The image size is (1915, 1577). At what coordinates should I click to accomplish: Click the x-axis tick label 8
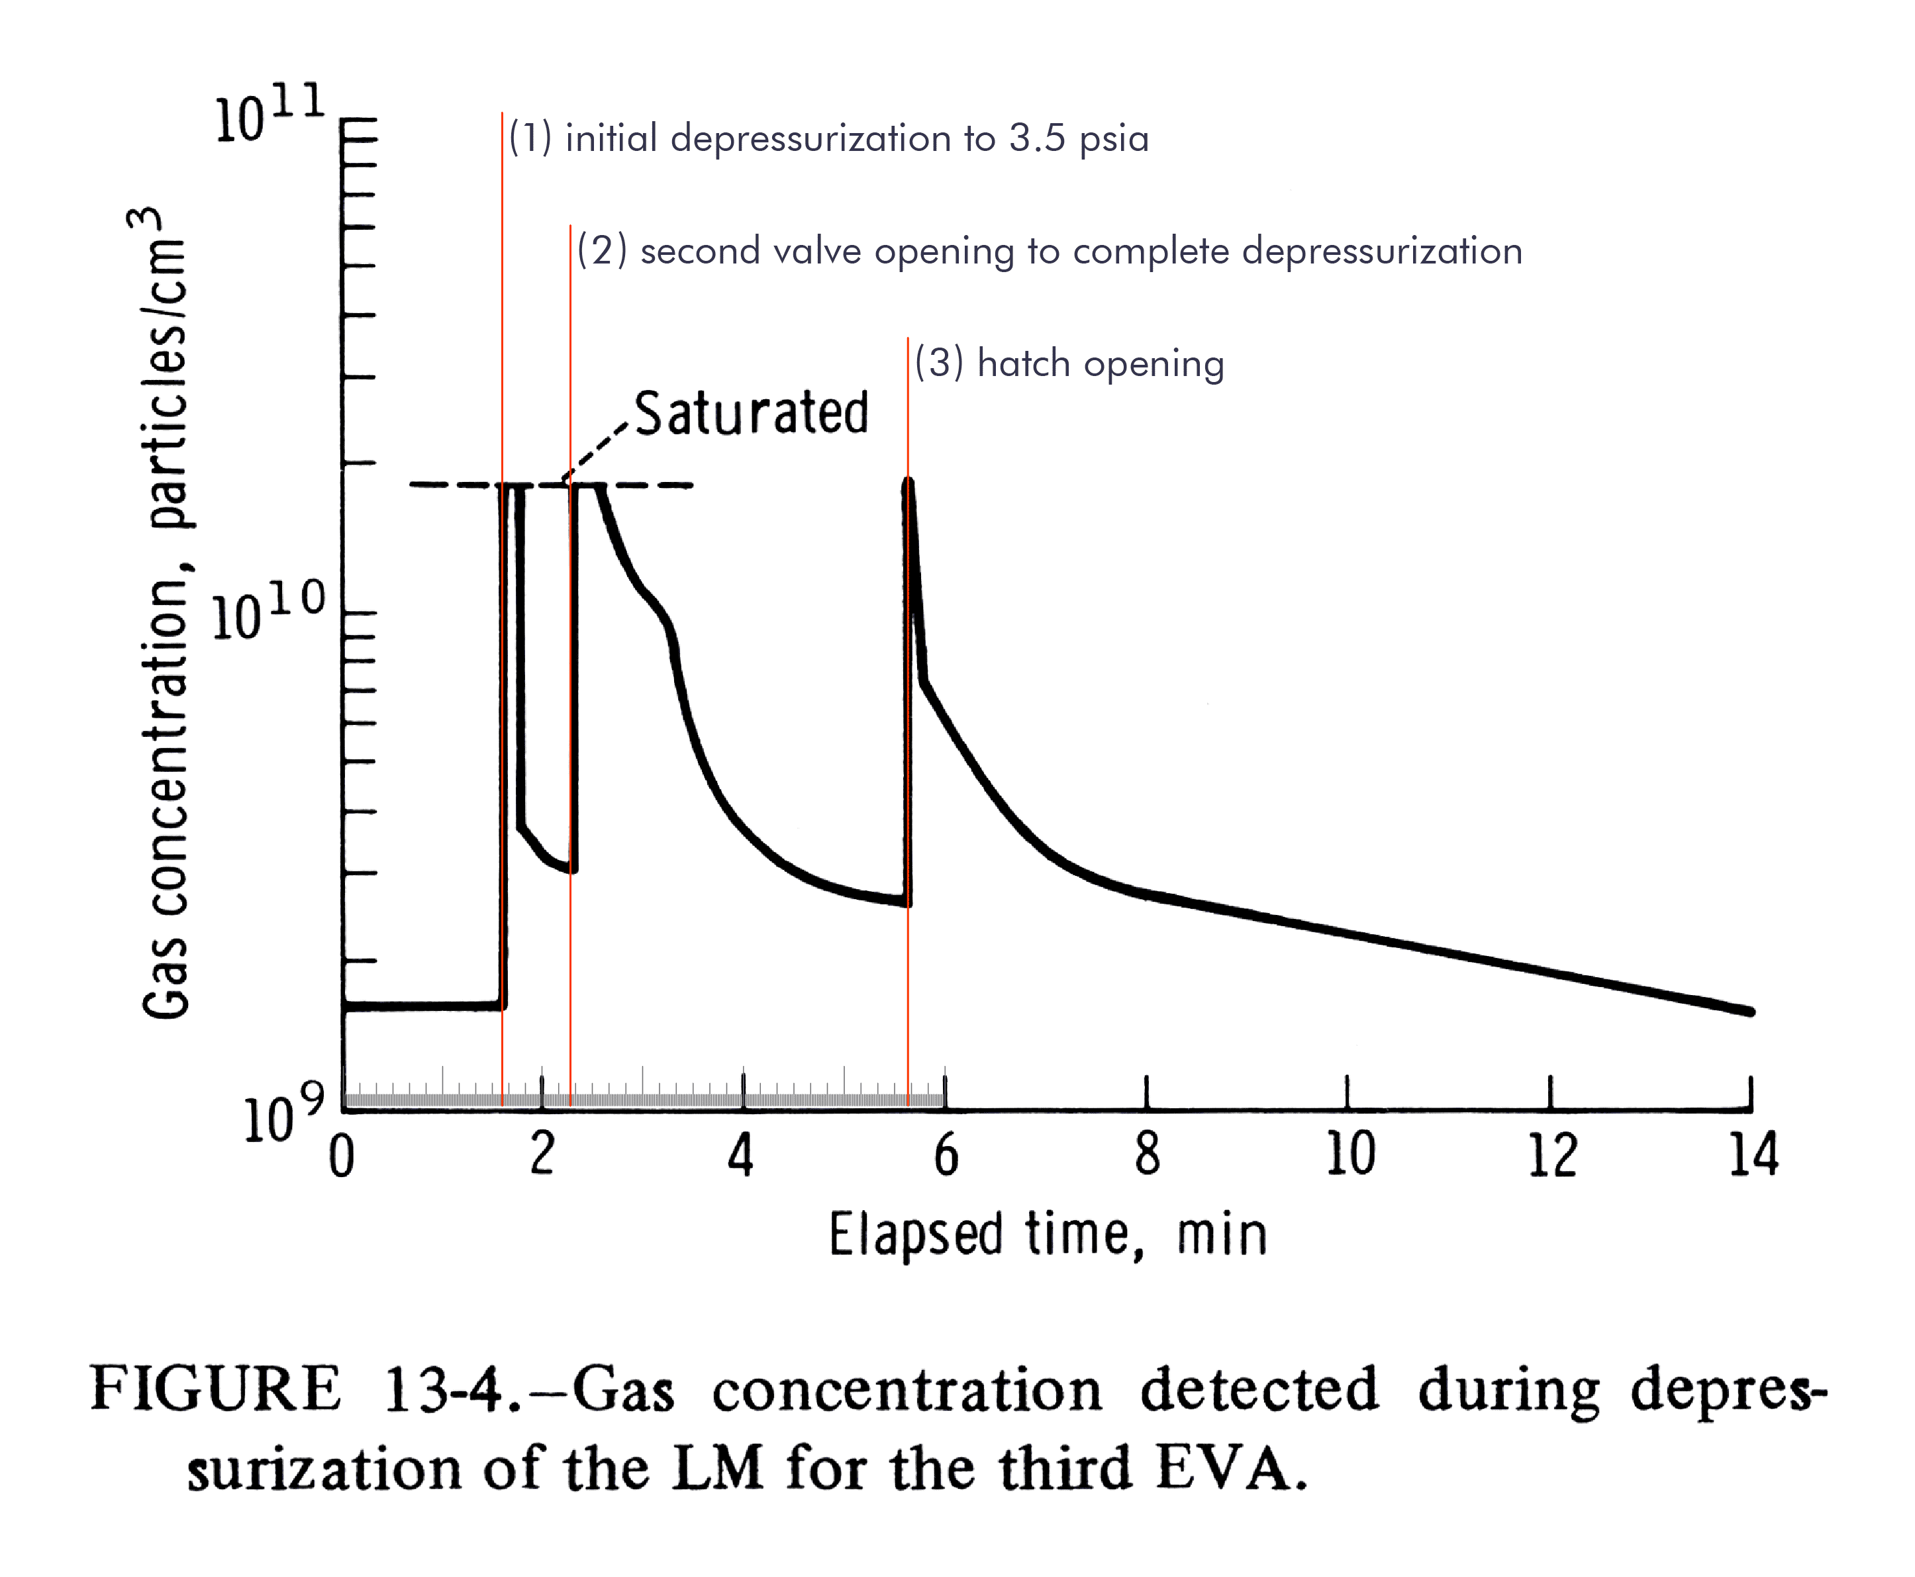point(1148,1155)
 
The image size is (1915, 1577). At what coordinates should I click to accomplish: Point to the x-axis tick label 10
point(1350,1155)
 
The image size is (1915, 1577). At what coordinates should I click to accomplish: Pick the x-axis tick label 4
point(741,1155)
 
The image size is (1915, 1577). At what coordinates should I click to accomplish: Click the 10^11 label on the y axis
point(270,117)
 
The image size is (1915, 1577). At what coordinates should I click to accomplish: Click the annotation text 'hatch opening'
point(1100,363)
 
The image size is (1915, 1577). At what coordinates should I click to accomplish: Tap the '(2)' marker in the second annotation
point(603,251)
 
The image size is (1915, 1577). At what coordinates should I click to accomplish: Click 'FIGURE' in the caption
point(215,1389)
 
